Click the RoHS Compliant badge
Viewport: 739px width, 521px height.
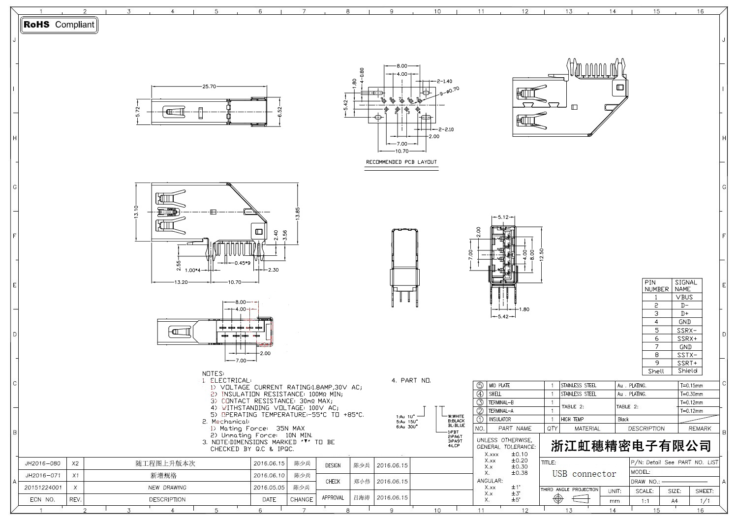(x=59, y=25)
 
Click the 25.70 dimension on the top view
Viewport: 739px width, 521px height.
(x=209, y=87)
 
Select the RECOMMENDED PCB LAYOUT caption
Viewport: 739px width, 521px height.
(x=401, y=162)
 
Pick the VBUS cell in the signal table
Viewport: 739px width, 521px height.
(x=684, y=297)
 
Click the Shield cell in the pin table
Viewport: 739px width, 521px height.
(x=687, y=371)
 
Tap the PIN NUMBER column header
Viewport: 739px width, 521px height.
(x=656, y=286)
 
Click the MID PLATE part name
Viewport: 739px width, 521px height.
(x=499, y=386)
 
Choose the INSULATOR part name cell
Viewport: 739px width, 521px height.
(x=499, y=420)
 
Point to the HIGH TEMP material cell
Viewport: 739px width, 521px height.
(x=572, y=420)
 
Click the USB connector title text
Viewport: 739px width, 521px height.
(x=584, y=474)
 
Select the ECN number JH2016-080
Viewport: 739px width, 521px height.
(x=43, y=464)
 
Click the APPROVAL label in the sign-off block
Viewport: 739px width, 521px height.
(x=333, y=498)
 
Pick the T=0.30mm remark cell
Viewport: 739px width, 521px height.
(x=691, y=394)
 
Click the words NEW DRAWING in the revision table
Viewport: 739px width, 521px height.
(x=167, y=488)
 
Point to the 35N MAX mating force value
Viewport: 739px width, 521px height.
(x=290, y=429)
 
